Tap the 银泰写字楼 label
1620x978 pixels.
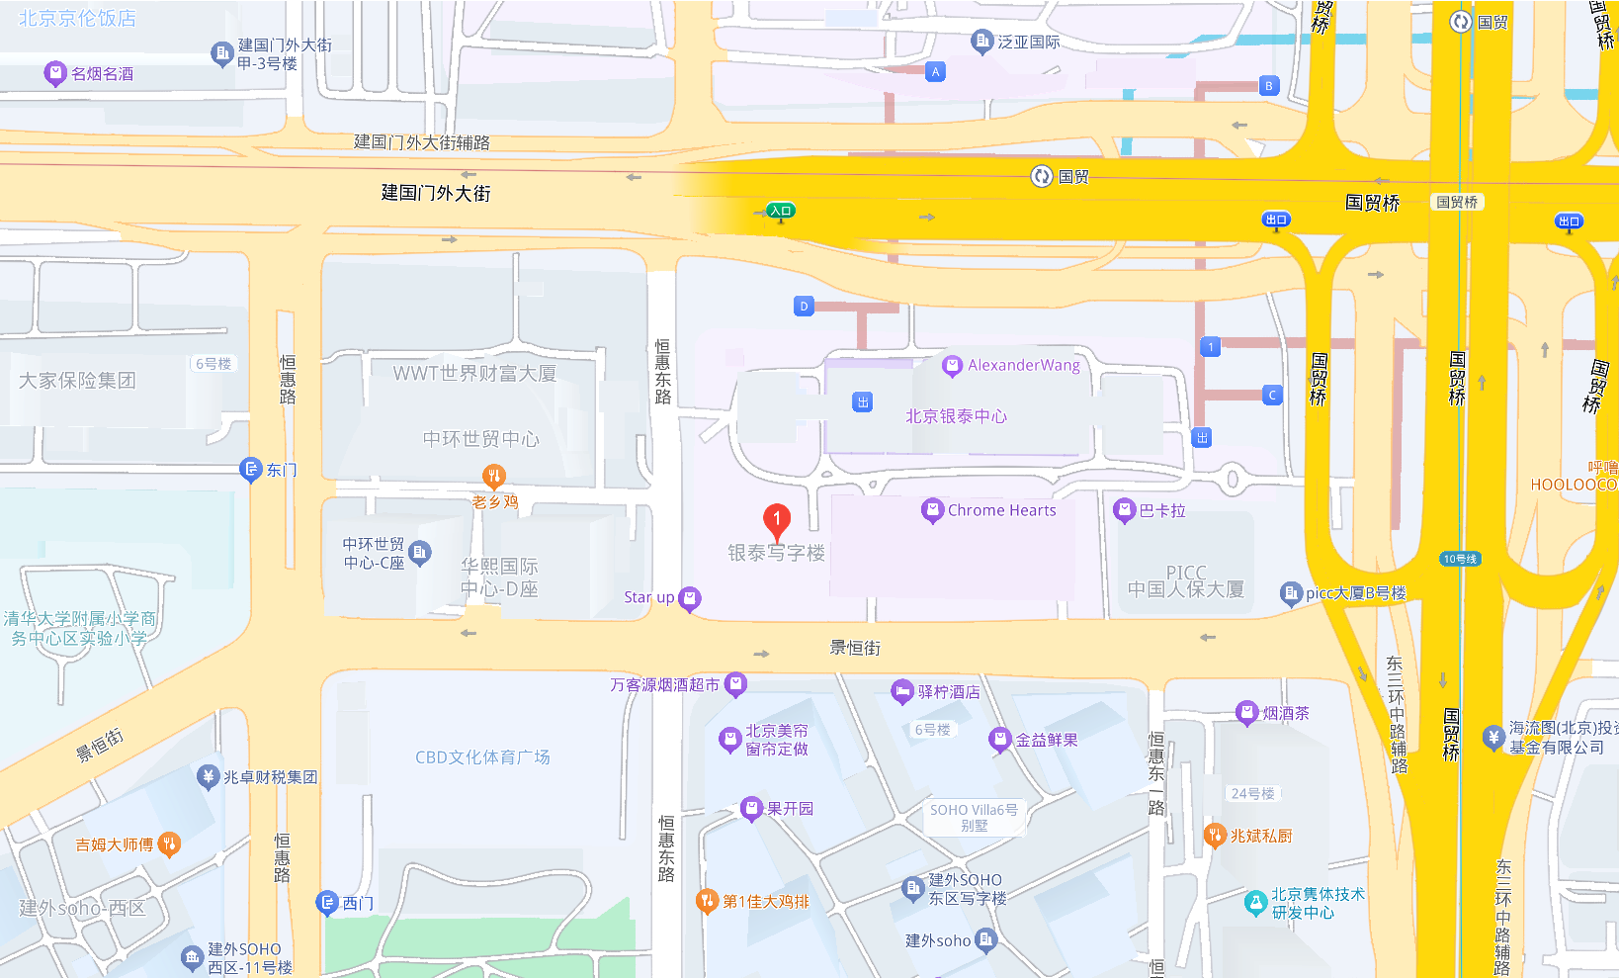click(x=776, y=554)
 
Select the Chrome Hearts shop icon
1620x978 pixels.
click(x=931, y=510)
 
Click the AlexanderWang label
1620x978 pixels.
click(x=1024, y=365)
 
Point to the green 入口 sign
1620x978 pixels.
click(x=781, y=211)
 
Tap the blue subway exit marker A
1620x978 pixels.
click(x=935, y=71)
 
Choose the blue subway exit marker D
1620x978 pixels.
click(x=804, y=307)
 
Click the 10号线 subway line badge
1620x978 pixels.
click(x=1460, y=559)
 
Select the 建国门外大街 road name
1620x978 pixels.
click(x=436, y=193)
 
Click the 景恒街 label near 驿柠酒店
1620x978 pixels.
click(x=855, y=648)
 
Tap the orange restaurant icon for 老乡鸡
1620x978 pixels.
click(x=493, y=476)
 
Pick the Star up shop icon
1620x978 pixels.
click(x=690, y=597)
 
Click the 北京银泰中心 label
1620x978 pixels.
click(x=956, y=416)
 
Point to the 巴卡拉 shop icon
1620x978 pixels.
click(x=1124, y=510)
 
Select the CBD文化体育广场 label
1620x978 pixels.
click(x=482, y=757)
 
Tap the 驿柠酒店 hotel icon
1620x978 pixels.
click(x=901, y=691)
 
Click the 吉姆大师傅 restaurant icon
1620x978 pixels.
click(x=169, y=845)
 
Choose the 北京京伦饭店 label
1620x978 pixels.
click(x=77, y=18)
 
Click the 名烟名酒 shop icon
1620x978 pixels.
click(x=55, y=73)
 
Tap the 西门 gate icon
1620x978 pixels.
click(x=327, y=903)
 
